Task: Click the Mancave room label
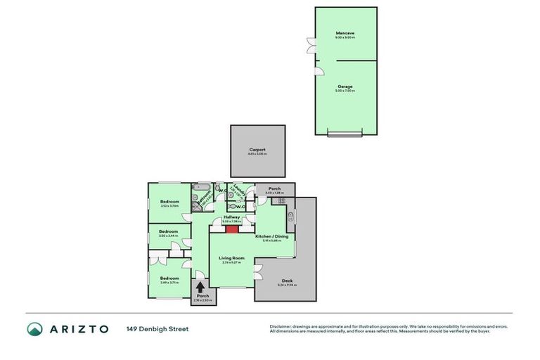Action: click(345, 33)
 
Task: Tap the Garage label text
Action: click(345, 86)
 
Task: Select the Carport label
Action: click(257, 150)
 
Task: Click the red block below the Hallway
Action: click(232, 228)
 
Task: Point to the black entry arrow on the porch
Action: click(202, 286)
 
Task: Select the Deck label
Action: click(287, 280)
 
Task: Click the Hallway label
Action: click(232, 217)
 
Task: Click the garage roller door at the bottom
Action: click(345, 132)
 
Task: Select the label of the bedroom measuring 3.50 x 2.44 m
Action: click(169, 231)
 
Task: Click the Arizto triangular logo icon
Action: click(35, 329)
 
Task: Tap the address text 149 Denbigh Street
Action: click(157, 329)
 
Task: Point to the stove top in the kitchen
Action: click(279, 200)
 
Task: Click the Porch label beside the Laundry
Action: click(275, 188)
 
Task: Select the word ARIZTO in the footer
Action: click(79, 329)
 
